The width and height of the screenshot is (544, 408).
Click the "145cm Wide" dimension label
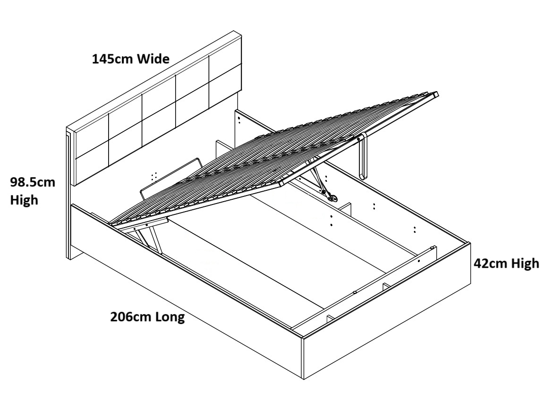(x=131, y=59)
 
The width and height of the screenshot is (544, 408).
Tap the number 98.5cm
(x=33, y=182)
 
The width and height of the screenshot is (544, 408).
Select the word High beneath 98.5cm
(x=24, y=200)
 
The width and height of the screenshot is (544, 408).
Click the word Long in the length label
(x=170, y=317)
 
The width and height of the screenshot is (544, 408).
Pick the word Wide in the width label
(x=153, y=59)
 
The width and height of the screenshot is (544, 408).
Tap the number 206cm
(x=131, y=317)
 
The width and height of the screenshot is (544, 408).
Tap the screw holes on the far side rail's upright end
(x=240, y=119)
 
